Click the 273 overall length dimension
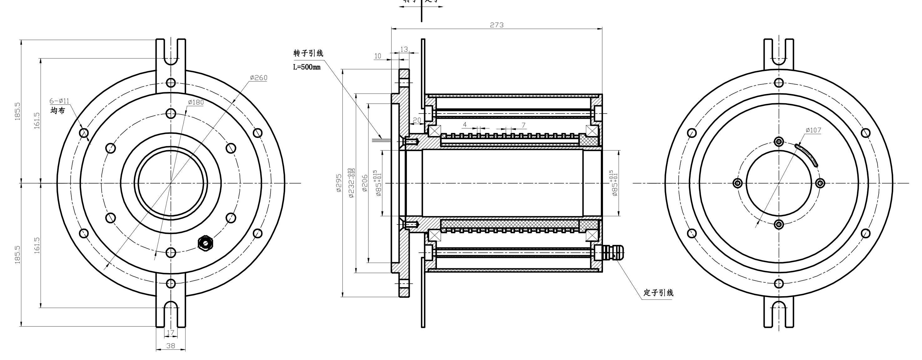coord(496,25)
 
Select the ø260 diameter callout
coord(258,78)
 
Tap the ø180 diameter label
coord(196,102)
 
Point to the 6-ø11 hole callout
coord(59,101)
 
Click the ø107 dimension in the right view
coord(813,130)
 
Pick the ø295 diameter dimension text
coord(339,183)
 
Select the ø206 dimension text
coord(365,183)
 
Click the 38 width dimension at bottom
coord(171,346)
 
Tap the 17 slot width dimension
coord(170,332)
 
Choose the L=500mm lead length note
coord(307,67)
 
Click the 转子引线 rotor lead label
coord(308,53)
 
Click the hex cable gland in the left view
coord(205,243)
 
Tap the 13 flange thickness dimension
coord(404,49)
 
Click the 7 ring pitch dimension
coord(523,125)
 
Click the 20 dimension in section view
coord(417,120)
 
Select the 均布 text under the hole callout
coord(58,111)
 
